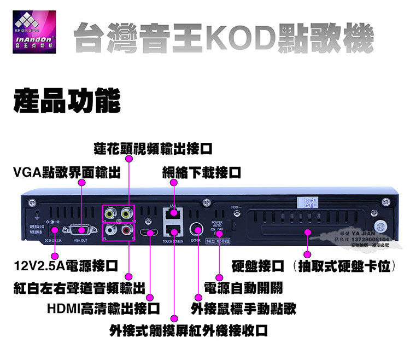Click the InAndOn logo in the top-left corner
tap(34, 34)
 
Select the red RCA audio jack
tap(127, 230)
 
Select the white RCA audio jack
tap(112, 230)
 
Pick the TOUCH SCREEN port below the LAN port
tap(173, 231)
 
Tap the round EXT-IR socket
tap(196, 229)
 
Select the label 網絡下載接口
tap(202, 173)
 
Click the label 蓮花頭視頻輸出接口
tap(153, 148)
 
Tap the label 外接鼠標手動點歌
tap(243, 308)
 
